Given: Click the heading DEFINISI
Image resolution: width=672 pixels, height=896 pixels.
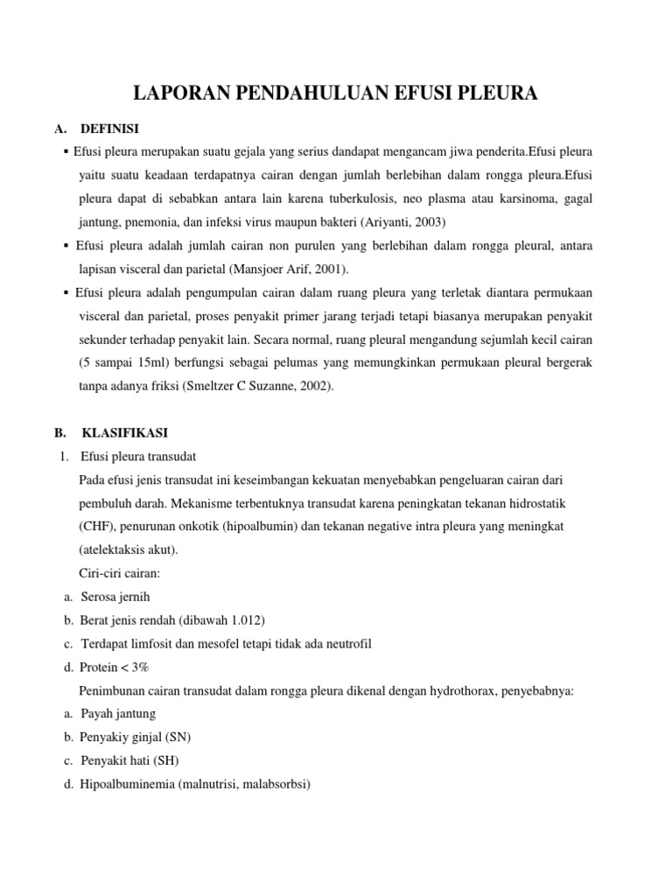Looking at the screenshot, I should point(110,129).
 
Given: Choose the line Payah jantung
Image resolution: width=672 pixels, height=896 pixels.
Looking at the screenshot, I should point(118,714).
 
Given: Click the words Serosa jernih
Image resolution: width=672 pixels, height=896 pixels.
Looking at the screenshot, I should point(115,597).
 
